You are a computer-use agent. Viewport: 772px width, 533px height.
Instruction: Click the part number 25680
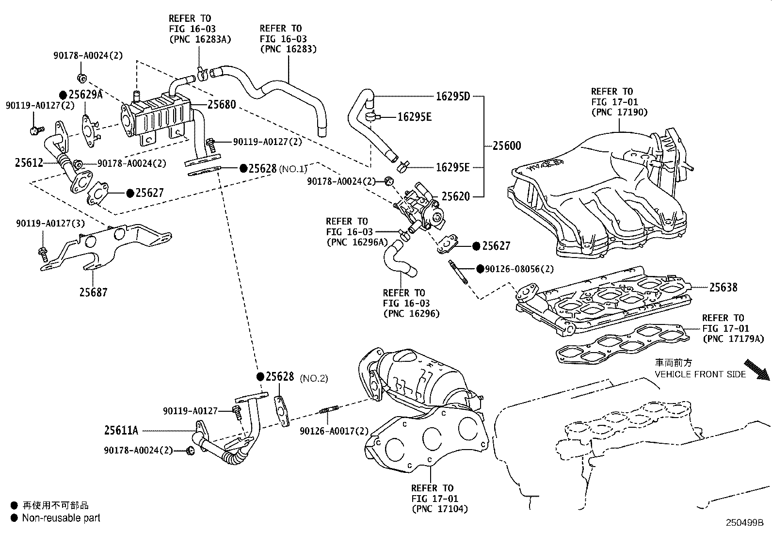click(222, 104)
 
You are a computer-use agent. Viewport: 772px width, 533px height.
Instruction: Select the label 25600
click(507, 145)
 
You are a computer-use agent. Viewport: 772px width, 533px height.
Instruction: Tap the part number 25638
click(723, 287)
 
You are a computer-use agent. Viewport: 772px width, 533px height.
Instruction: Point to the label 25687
click(94, 292)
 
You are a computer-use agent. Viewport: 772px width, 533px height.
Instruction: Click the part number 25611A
click(121, 430)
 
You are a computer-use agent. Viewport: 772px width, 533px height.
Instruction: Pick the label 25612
click(29, 163)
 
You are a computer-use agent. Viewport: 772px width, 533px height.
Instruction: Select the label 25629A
click(85, 95)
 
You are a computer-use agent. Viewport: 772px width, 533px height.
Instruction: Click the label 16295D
click(453, 96)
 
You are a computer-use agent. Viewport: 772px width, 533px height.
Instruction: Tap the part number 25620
click(455, 196)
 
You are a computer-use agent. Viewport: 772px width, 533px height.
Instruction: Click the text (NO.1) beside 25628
click(293, 169)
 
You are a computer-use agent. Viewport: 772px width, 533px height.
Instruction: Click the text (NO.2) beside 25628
click(314, 378)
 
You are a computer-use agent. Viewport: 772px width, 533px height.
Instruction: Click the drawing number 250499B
click(744, 523)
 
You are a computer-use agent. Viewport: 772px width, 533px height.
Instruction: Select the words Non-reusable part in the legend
click(61, 518)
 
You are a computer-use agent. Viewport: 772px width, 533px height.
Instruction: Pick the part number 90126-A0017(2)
click(334, 431)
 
